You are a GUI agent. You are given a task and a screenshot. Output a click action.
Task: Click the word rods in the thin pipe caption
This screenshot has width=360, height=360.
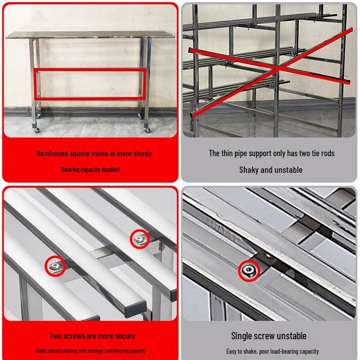[x=327, y=153]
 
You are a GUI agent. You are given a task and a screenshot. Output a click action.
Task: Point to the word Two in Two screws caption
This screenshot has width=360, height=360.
[x=55, y=336]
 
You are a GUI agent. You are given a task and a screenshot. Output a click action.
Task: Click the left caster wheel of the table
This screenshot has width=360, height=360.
[x=37, y=130]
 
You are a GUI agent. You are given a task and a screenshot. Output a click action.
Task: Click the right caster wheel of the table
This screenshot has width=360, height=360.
[x=148, y=130]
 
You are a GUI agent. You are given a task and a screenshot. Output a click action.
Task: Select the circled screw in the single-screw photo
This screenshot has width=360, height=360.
[x=249, y=270]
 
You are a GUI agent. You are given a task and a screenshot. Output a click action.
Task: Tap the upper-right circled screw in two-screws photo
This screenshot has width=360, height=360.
[x=139, y=239]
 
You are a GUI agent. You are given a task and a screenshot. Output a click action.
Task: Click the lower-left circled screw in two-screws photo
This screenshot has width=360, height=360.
[x=55, y=266]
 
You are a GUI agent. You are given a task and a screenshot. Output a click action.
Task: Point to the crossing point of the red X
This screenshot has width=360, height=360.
[x=278, y=68]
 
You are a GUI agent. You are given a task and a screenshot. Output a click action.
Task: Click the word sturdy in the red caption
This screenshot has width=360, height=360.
[x=142, y=153]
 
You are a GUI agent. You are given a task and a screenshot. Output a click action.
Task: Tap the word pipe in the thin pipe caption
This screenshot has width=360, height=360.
[x=240, y=153]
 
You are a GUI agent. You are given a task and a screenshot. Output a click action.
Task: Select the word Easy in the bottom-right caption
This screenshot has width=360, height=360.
[x=231, y=351]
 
